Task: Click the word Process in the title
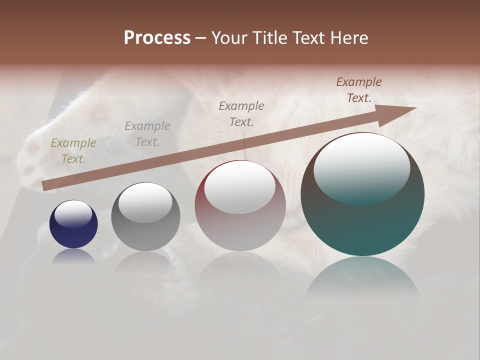[x=157, y=38]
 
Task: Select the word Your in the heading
[x=229, y=38]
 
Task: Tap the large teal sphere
[x=362, y=220]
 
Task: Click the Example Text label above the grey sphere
[x=147, y=134]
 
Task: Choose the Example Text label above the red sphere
[x=241, y=113]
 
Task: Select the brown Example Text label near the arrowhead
[x=359, y=90]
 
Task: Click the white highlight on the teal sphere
[x=361, y=167]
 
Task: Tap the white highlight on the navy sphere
[x=73, y=214]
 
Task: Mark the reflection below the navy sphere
[x=73, y=255]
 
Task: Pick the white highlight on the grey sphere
[x=145, y=202]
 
